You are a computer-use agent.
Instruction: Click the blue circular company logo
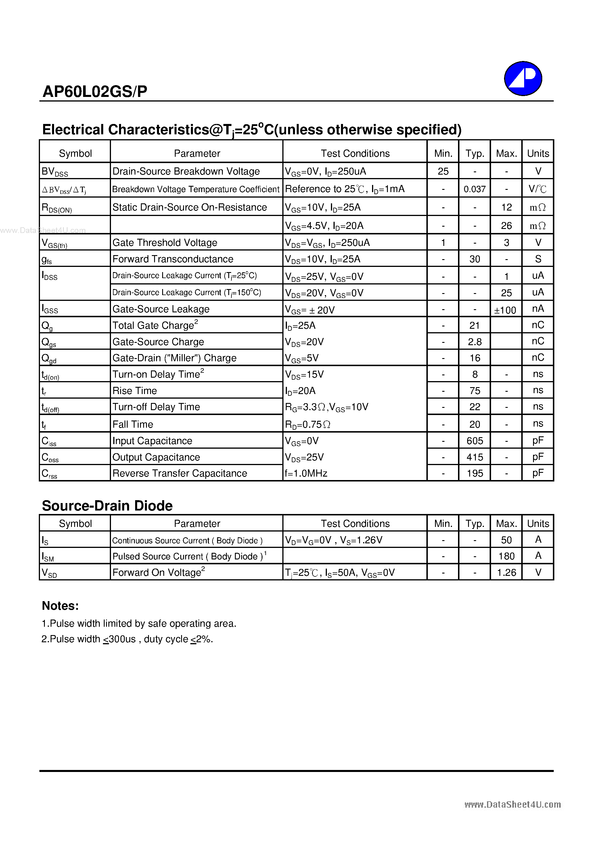tap(523, 79)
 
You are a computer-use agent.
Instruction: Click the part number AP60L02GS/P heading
tap(95, 91)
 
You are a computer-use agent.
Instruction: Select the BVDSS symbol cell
tap(55, 171)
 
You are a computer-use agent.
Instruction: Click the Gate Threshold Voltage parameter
tap(165, 242)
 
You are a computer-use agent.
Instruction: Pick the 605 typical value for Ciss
tap(475, 441)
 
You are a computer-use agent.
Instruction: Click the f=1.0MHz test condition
tap(306, 473)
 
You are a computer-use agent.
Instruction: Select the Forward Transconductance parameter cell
tap(173, 259)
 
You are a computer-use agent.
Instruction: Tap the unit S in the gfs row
tap(538, 259)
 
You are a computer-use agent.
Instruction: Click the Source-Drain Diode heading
tap(107, 505)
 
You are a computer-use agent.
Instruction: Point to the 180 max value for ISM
tap(506, 556)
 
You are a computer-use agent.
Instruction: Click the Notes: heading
tap(60, 605)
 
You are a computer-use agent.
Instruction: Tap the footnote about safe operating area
tap(139, 624)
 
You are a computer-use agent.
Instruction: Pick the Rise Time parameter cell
tap(135, 391)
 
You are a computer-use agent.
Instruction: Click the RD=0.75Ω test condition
tap(308, 424)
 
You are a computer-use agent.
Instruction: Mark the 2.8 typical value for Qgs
tap(475, 342)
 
